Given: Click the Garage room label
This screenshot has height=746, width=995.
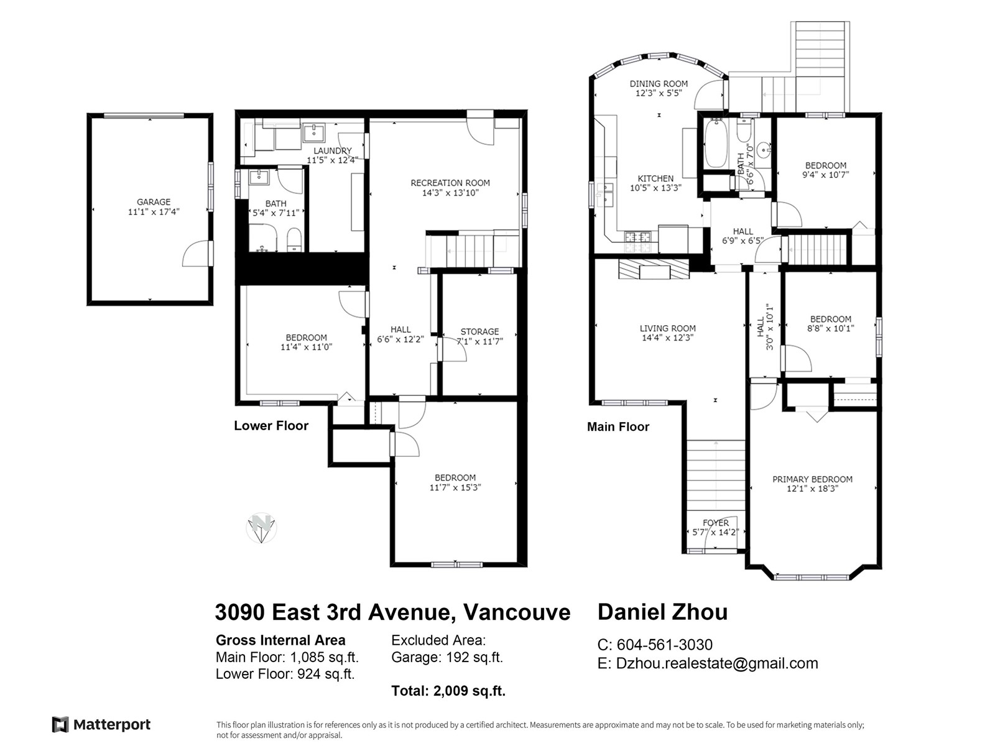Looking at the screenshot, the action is pos(154,206).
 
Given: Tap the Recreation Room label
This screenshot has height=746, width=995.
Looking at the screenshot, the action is pos(450,188).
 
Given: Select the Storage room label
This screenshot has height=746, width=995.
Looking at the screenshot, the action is pos(479,336).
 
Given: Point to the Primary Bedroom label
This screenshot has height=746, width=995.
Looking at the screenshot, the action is pos(812,484).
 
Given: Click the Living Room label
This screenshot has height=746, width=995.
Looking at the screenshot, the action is pos(668,333).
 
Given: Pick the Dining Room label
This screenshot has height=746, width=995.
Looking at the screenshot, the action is pos(659,88).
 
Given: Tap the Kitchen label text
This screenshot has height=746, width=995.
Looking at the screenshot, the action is pos(655,178).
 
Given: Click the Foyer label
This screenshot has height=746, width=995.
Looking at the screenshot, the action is pos(716,528).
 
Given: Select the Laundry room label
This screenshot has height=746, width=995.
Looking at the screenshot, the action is pos(333,155).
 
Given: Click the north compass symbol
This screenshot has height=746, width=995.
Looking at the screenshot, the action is pos(262,528).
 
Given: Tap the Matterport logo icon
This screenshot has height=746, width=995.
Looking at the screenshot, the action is pos(60,724).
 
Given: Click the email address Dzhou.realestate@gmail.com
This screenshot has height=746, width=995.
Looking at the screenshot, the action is pos(717,663).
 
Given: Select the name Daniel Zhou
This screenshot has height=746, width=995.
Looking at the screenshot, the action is pos(663,612).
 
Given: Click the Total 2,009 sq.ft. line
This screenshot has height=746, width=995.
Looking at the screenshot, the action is pos(448,691).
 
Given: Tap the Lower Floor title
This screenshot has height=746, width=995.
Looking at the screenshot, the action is pos(271,425).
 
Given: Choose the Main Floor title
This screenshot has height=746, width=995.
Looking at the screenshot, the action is pos(618,426).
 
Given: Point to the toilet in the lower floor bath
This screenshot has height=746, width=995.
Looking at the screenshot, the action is pos(295,240).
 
